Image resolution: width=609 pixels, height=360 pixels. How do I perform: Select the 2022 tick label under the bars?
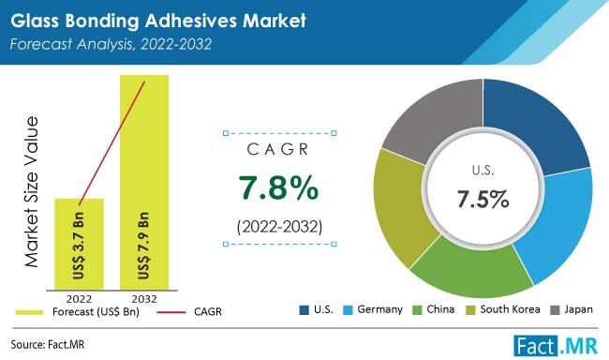click(80, 301)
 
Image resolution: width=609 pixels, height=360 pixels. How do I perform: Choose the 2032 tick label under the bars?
click(144, 301)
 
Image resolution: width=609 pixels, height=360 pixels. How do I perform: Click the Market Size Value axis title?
click(35, 193)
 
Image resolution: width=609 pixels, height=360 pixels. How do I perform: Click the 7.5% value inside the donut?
click(483, 199)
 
